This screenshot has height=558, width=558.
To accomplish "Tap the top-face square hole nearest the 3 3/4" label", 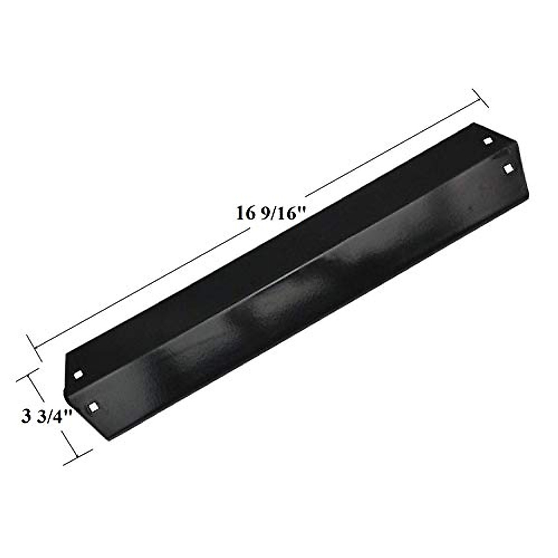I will pyautogui.click(x=78, y=374).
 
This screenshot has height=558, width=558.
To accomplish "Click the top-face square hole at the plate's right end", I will pyautogui.click(x=488, y=140).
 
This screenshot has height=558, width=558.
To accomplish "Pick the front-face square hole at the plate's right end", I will pyautogui.click(x=509, y=168).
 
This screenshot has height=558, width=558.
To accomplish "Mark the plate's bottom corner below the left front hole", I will pyautogui.click(x=110, y=441).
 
